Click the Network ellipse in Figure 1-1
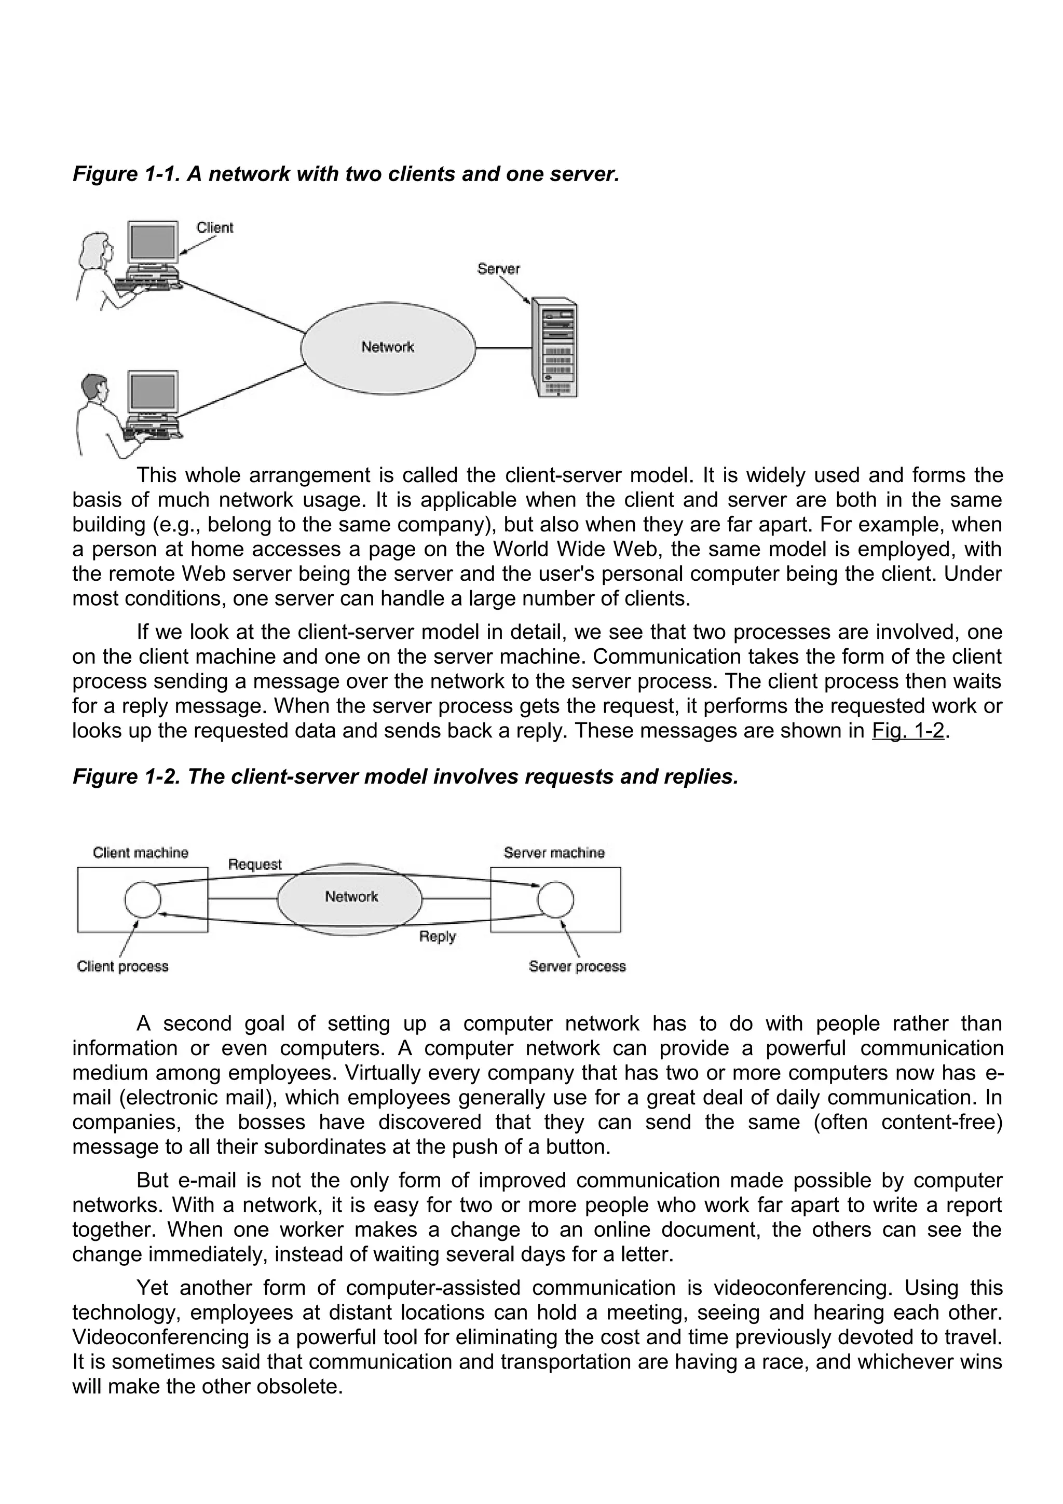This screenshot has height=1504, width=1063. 388,348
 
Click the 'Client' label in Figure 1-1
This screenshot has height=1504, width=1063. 215,228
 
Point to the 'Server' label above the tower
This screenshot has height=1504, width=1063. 498,269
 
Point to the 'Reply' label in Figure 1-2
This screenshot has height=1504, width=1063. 437,936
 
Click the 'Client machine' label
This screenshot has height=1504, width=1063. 140,853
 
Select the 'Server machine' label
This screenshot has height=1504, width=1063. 554,853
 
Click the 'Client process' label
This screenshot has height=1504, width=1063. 122,966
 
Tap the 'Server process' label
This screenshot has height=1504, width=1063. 577,966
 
